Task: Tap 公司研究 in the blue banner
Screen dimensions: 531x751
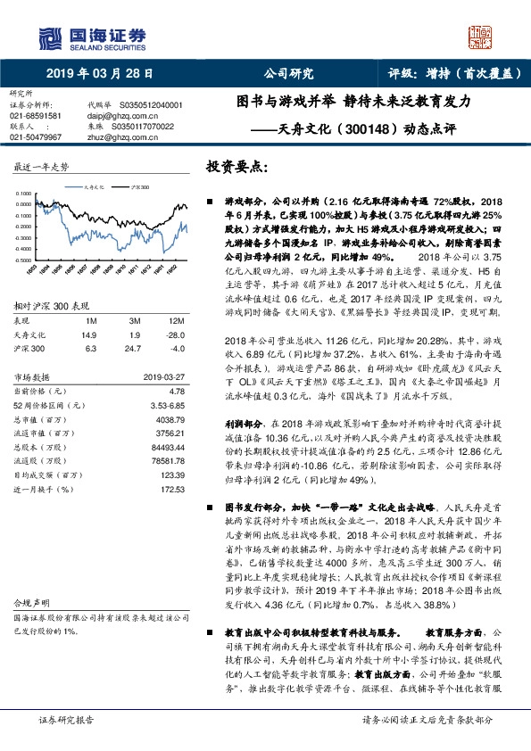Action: (290, 75)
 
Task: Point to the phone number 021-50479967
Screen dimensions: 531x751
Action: (36, 137)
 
